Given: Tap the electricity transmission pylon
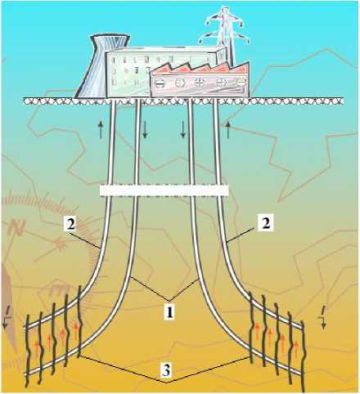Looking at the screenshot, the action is [225, 35].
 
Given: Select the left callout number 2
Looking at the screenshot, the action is [71, 225].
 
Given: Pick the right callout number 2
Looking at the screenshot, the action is [265, 224].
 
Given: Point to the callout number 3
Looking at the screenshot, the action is [166, 370].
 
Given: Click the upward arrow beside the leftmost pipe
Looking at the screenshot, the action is [101, 130].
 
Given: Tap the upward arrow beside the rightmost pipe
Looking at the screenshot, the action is [228, 130].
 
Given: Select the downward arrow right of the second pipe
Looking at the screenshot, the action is [145, 130].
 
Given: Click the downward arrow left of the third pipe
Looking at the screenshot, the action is [183, 130].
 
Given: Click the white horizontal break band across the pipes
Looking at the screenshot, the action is [164, 190].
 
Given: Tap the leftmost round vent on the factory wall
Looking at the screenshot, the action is [160, 83].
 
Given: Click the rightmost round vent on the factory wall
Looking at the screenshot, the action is [241, 82].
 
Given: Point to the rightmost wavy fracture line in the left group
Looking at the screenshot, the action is [79, 321].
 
